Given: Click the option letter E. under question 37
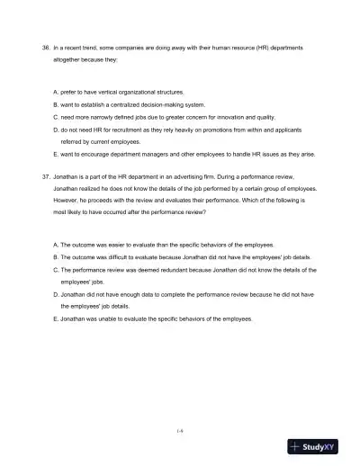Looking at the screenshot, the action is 56,318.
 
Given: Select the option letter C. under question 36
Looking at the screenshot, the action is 56,117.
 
